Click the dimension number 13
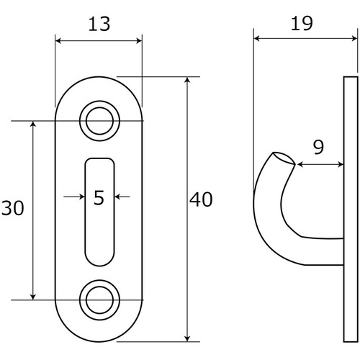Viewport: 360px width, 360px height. click(x=99, y=24)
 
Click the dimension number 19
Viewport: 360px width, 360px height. click(x=302, y=23)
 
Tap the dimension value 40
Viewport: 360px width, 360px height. click(x=201, y=199)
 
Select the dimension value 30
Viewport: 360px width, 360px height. click(x=12, y=208)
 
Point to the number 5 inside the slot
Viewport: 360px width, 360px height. click(x=99, y=197)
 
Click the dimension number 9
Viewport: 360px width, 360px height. click(x=318, y=147)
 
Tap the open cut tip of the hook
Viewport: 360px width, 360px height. click(x=284, y=158)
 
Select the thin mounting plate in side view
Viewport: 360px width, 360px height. click(x=351, y=209)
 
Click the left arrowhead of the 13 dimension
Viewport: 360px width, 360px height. click(x=59, y=41)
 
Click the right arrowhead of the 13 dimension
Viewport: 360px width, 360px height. click(x=139, y=41)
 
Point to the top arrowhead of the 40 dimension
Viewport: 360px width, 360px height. click(x=188, y=81)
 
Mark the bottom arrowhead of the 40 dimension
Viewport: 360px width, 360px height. click(x=188, y=338)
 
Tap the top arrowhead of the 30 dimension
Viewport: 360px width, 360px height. click(x=33, y=125)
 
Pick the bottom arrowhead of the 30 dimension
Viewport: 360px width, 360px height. click(x=33, y=297)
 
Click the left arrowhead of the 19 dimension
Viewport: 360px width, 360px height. click(x=258, y=38)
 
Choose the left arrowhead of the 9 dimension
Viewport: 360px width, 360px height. click(x=301, y=164)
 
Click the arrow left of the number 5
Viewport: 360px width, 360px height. click(x=74, y=197)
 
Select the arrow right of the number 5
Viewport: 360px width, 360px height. click(x=122, y=197)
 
